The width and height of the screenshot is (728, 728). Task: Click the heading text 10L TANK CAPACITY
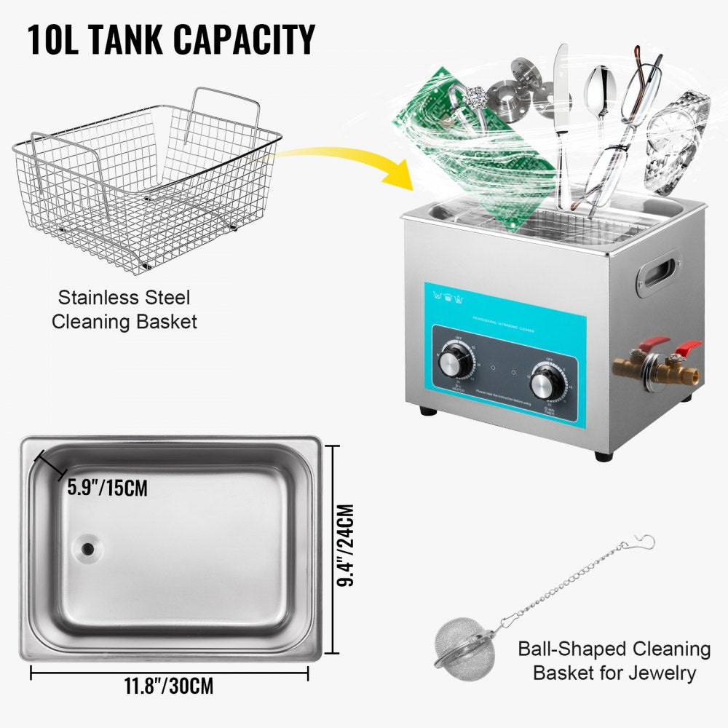[x=171, y=40]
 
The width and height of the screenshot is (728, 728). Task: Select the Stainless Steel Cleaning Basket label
[x=124, y=309]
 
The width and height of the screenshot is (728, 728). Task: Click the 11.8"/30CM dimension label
[x=170, y=687]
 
